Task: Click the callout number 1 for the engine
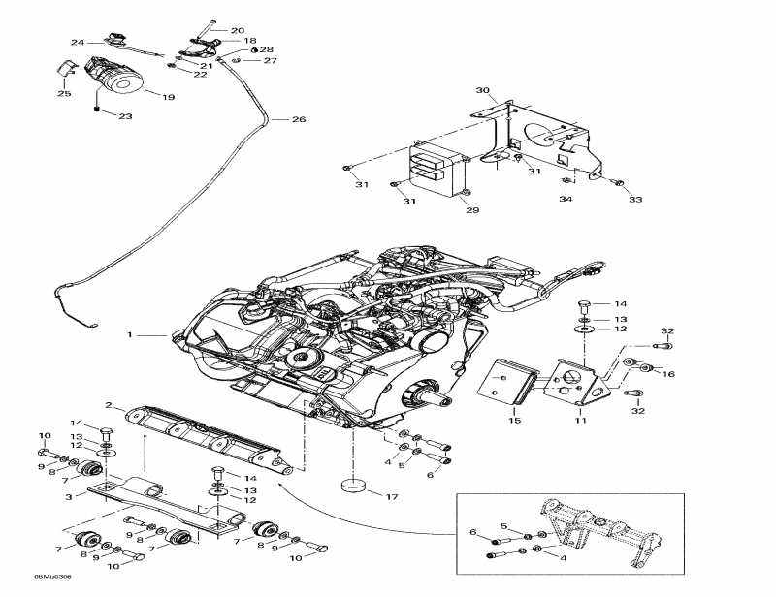coord(129,335)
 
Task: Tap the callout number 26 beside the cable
coord(298,119)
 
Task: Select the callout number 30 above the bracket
coord(482,91)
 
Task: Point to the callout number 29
coord(472,209)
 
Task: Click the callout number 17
coord(392,498)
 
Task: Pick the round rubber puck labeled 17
coord(355,485)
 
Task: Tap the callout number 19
coord(168,98)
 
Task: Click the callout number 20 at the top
coord(238,31)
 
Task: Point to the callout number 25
coord(64,94)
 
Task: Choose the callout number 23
coord(125,116)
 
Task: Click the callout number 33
coord(635,200)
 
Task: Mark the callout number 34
coord(566,200)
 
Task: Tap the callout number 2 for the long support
coord(109,405)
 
